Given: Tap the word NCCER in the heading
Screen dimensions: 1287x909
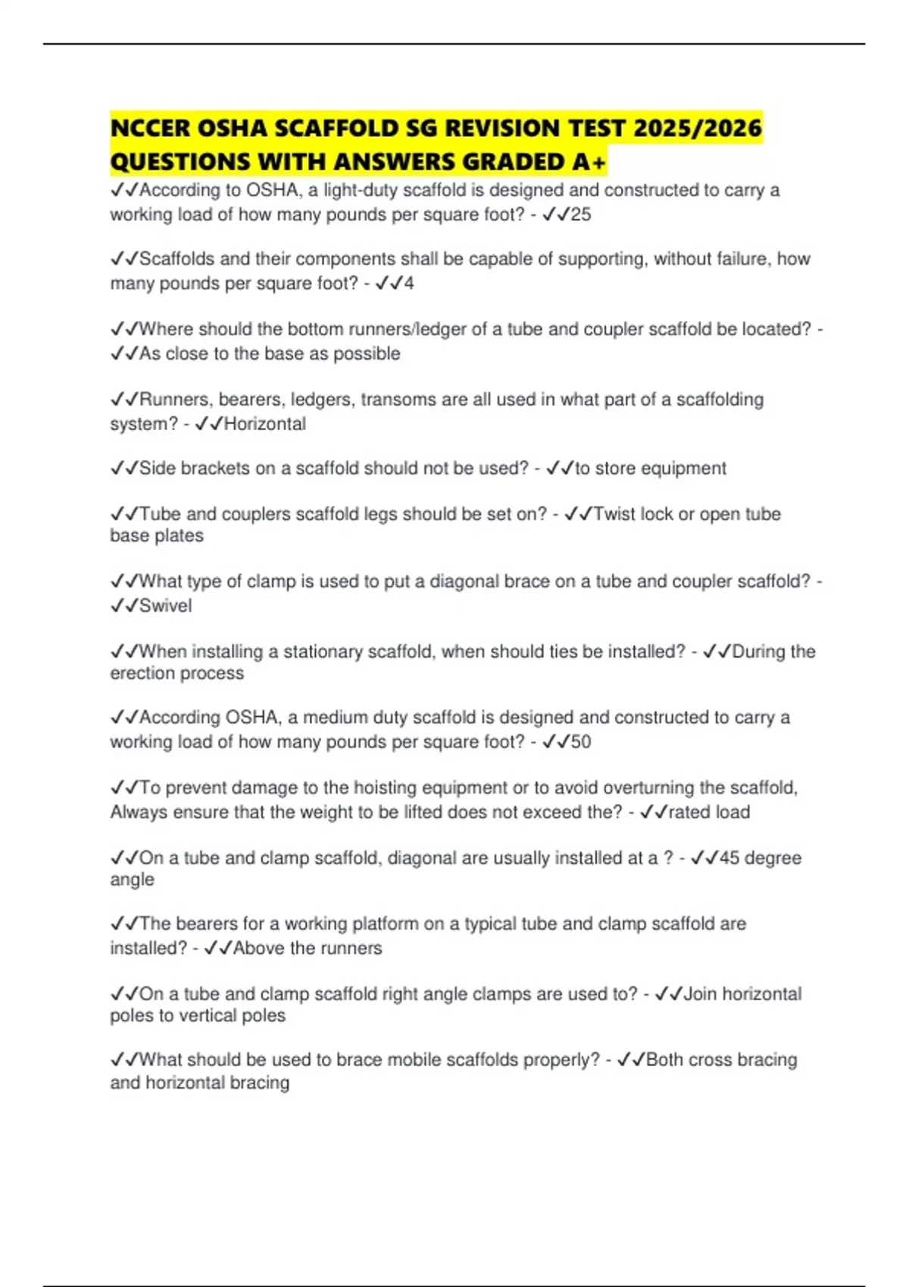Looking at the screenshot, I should tap(150, 128).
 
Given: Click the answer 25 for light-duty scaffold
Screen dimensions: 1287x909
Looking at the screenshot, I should tap(580, 214).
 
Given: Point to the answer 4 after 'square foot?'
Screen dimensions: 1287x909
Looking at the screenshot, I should tap(409, 283).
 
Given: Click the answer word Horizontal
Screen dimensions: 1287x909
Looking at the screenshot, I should tap(265, 423).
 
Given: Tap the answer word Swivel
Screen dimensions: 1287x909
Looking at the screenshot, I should tap(166, 606).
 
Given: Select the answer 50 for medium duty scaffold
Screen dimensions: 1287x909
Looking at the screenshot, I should tap(580, 741).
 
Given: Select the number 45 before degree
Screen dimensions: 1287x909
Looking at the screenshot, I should tap(729, 858).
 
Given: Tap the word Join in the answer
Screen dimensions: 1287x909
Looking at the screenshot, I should tap(700, 993).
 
